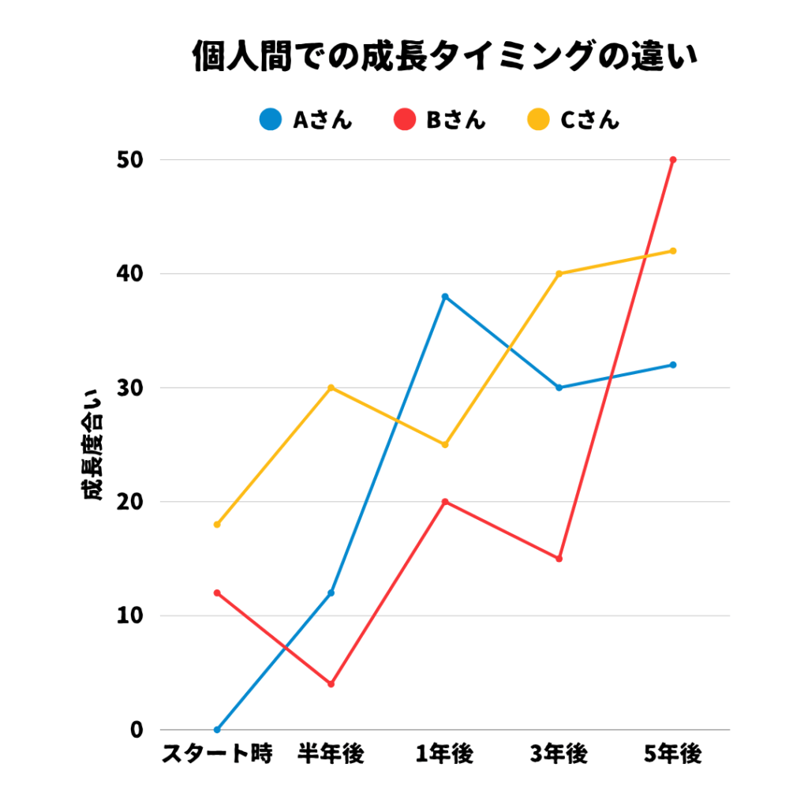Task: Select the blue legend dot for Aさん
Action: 271,120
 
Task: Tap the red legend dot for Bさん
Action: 404,120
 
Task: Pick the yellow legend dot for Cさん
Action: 538,120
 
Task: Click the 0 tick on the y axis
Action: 137,730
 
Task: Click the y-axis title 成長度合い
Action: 92,445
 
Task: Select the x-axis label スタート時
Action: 217,755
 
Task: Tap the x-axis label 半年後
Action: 331,755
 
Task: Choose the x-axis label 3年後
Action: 559,755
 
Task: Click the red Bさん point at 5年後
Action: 673,160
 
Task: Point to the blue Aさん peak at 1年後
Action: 445,297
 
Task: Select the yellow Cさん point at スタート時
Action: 217,525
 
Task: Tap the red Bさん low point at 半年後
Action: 331,684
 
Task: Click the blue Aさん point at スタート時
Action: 217,730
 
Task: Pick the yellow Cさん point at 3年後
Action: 559,274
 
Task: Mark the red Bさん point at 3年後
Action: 559,559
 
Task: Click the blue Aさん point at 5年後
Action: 673,365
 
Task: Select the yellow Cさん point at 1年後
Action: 445,445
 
